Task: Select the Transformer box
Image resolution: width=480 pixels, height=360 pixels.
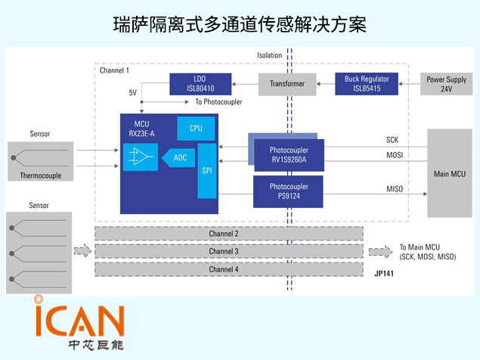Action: (x=286, y=84)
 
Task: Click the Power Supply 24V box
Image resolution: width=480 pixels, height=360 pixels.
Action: (x=446, y=83)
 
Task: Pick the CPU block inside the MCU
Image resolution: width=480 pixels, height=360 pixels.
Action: (x=196, y=129)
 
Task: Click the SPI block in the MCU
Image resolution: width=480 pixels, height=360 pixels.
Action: (x=207, y=170)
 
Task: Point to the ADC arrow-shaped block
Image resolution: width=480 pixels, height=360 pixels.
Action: (x=178, y=157)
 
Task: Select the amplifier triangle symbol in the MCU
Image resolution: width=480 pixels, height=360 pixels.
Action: (x=138, y=157)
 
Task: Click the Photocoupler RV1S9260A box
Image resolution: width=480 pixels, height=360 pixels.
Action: (x=288, y=154)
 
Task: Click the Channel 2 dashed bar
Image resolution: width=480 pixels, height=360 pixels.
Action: (x=228, y=234)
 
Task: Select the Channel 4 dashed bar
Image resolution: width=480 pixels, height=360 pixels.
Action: (x=228, y=268)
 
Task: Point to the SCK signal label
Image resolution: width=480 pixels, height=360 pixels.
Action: (x=392, y=141)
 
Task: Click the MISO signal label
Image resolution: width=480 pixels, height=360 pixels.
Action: (x=395, y=188)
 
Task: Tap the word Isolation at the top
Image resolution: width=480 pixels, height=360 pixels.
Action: (x=269, y=55)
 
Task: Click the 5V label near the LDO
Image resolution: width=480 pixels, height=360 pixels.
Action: (x=133, y=92)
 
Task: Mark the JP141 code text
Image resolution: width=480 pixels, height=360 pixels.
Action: (x=385, y=274)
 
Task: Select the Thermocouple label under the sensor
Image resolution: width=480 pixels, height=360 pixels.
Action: (x=39, y=175)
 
